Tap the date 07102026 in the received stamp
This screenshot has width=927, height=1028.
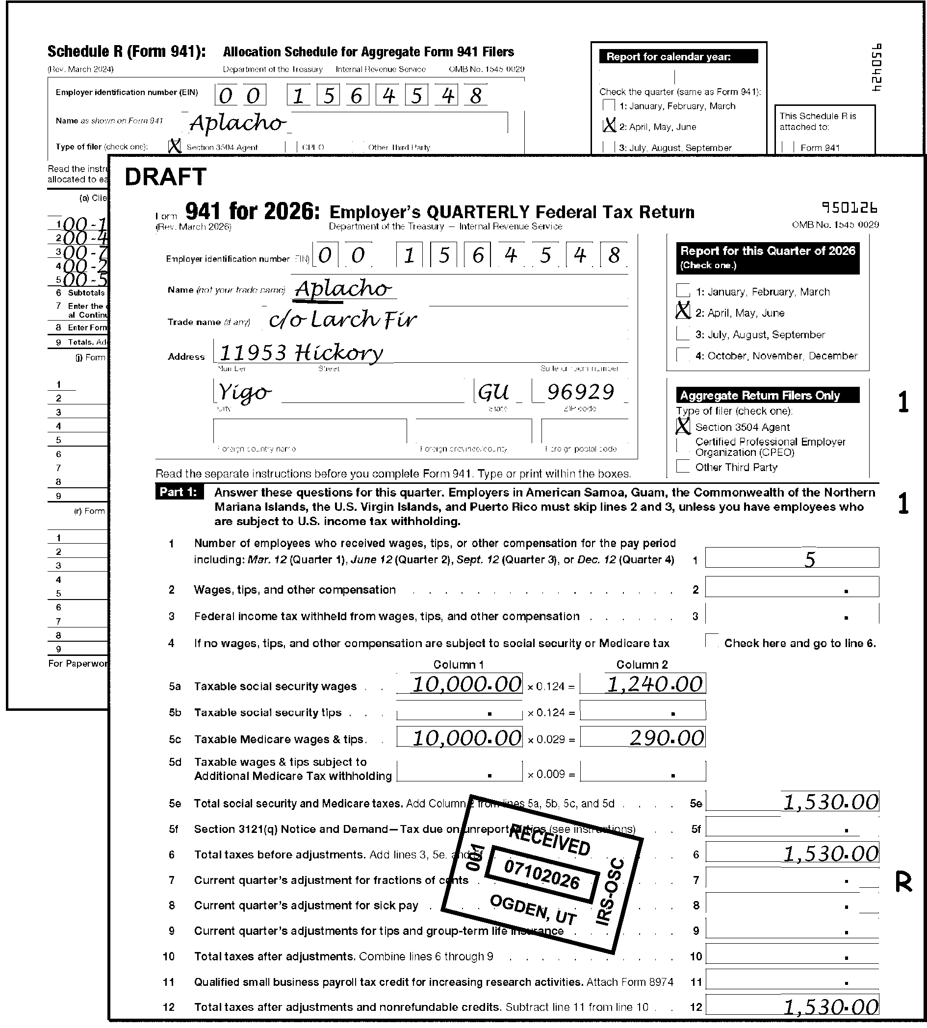[541, 874]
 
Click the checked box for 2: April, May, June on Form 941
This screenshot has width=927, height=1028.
[683, 311]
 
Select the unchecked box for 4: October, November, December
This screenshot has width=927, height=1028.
[683, 354]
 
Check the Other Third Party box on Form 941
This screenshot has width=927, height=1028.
[683, 466]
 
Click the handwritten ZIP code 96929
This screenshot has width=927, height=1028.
[580, 392]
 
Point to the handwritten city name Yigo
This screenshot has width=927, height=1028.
[244, 393]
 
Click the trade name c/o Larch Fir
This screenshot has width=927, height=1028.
[342, 320]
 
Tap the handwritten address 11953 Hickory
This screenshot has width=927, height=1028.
[301, 352]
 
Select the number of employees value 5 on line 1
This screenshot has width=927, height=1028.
[809, 559]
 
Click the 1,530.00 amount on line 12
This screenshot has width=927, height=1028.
[831, 1006]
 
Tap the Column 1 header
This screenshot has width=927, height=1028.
[459, 664]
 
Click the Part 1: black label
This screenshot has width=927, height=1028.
[178, 492]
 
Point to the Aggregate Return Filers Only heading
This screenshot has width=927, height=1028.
[760, 396]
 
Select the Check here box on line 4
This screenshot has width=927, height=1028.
[712, 641]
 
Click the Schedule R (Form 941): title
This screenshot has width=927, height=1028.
[127, 52]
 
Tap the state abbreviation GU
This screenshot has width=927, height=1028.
[493, 392]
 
